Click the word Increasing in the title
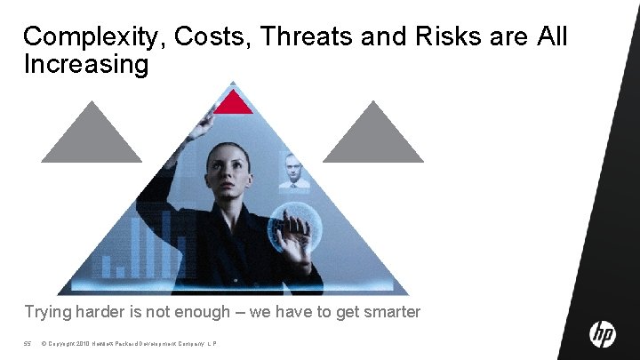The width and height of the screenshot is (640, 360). click(85, 65)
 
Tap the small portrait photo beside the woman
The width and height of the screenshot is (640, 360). click(293, 171)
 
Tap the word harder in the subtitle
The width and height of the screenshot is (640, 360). click(103, 313)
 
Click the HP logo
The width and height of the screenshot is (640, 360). click(603, 335)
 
